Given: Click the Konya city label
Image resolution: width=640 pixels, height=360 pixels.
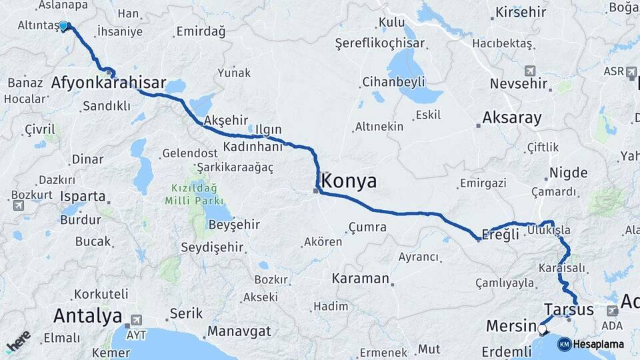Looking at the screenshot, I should [x=349, y=181].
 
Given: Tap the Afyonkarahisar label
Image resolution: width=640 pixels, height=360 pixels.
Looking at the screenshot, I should [x=109, y=83].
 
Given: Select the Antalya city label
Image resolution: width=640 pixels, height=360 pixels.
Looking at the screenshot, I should [x=88, y=315].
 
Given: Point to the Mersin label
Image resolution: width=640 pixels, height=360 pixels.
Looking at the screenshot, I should [x=510, y=327].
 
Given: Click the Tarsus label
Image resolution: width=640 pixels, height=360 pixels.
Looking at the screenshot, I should [x=569, y=309].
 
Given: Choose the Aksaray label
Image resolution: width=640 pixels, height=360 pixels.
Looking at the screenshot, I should [x=511, y=118].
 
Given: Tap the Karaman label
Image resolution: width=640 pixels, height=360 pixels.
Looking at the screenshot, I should [x=360, y=278].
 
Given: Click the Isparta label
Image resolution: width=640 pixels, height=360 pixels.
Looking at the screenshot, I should [x=83, y=197].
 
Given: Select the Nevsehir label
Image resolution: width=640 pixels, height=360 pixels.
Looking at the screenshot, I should [x=519, y=84].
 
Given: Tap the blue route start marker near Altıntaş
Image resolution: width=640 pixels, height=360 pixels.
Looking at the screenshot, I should [x=63, y=26].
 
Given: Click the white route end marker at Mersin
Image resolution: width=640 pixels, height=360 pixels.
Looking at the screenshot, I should [x=541, y=329].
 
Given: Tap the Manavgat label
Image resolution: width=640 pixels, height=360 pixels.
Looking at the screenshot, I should [x=239, y=331].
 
